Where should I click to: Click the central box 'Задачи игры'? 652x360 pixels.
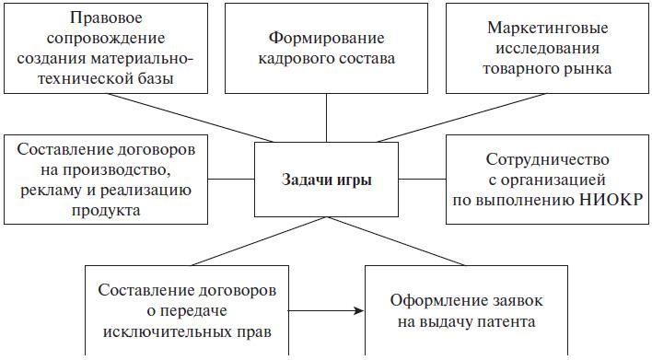tap(327, 180)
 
